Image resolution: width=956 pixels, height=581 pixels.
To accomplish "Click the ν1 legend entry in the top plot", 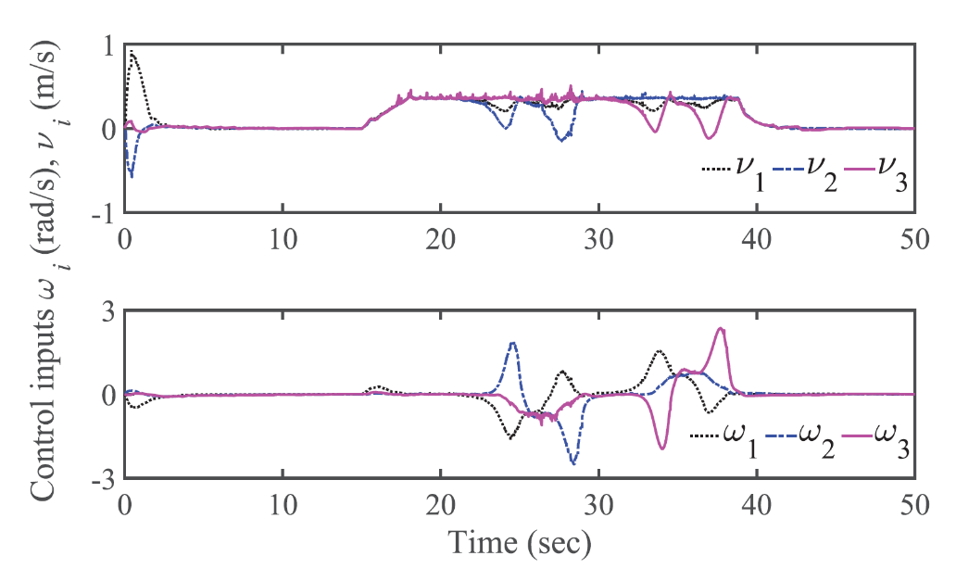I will (x=730, y=172).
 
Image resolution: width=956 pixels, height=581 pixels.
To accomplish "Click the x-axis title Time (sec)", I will (x=519, y=538).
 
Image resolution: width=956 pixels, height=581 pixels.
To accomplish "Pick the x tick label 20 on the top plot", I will (x=441, y=236).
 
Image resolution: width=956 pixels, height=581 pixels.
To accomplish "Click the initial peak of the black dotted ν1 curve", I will (x=133, y=52).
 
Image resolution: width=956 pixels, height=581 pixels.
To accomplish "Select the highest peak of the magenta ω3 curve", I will (x=721, y=328).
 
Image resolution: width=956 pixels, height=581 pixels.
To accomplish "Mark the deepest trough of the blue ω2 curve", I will (x=573, y=462).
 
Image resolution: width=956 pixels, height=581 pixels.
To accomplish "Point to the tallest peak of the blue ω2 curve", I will (x=512, y=343).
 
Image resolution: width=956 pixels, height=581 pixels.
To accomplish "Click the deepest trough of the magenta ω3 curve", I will (x=662, y=448).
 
